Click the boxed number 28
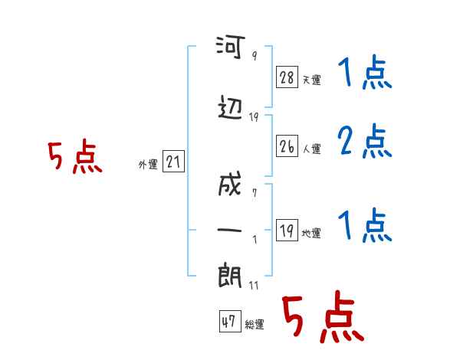pos(287,77)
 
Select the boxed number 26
pos(287,145)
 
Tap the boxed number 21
pos(173,162)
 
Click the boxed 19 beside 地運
pos(287,230)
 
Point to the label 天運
pos(311,80)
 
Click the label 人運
pos(311,148)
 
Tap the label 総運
pos(255,325)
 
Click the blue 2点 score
pos(365,142)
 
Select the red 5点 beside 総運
pos(321,318)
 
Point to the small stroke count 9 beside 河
pos(255,56)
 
